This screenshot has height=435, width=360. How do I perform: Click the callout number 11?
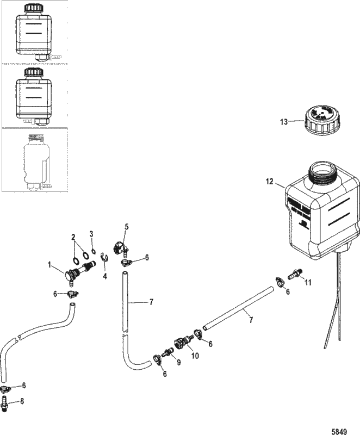point(308,282)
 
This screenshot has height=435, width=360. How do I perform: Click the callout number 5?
point(127,226)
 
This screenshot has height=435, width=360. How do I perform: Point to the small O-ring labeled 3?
point(95,251)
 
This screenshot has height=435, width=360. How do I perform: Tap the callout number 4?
point(105,276)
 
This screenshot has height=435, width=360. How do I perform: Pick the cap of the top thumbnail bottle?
point(33,9)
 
